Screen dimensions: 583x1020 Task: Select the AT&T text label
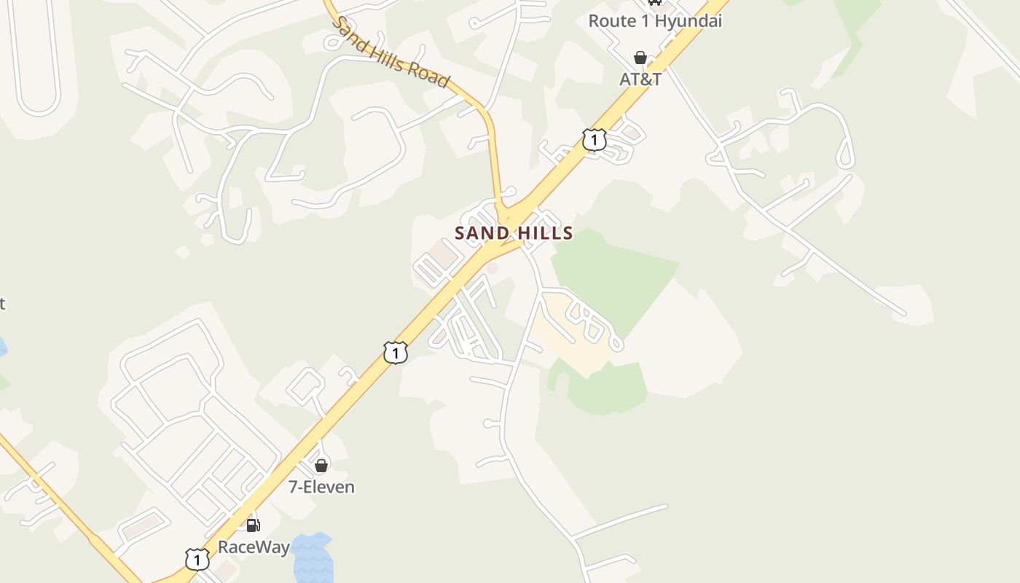point(640,79)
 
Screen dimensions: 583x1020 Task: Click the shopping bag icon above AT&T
point(640,58)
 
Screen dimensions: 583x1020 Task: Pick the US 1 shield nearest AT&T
point(595,139)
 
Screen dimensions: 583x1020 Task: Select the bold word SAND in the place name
point(482,233)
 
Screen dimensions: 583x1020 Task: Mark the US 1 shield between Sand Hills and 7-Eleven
point(395,353)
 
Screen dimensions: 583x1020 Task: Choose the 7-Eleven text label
point(321,487)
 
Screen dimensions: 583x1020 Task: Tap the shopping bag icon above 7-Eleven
point(321,465)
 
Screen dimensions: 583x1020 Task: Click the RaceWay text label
point(254,547)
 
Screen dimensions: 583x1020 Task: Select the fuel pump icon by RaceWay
point(253,525)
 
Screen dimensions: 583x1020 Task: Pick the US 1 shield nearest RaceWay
point(197,559)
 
